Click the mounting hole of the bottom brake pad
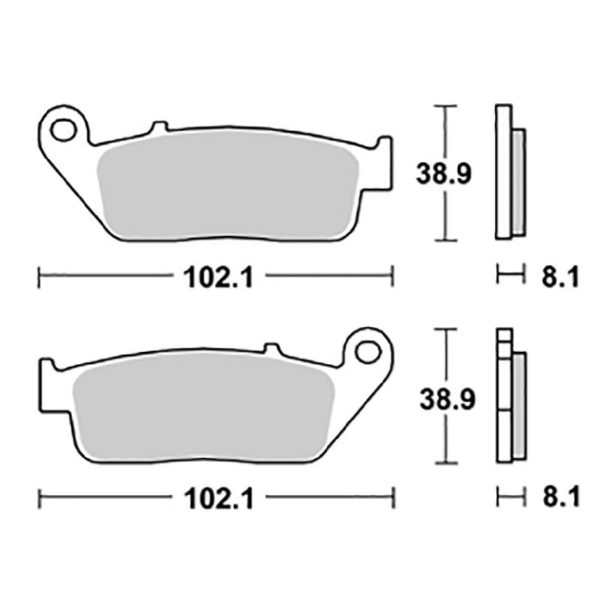368,351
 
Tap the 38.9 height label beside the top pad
444,174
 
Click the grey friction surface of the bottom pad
203,408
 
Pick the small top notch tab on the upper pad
159,126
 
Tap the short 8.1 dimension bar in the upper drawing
509,276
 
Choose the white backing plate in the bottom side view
503,396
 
